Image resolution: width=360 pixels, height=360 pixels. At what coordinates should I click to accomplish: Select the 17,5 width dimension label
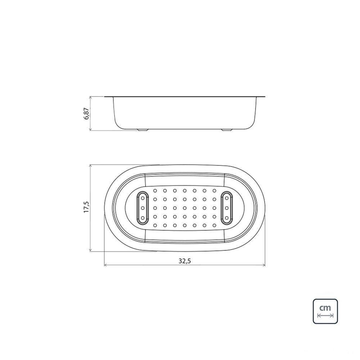pos(86,207)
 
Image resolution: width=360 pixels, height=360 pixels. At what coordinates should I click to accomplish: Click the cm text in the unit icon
pos(325,307)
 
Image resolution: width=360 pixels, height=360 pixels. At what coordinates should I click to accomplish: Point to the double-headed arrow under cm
pos(325,315)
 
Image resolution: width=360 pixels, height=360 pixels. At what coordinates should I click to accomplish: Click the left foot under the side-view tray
pos(143,130)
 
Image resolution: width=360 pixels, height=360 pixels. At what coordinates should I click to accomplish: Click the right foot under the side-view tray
pos(226,130)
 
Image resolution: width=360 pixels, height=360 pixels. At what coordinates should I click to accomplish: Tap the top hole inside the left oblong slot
pos(143,198)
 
